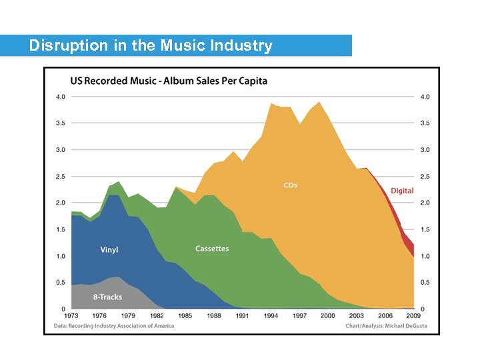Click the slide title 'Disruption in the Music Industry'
[151, 46]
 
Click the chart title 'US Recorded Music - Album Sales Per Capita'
[169, 81]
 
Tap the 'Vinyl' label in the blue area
[109, 250]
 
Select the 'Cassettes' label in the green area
[212, 249]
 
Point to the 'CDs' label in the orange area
[290, 185]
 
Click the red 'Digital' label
[402, 191]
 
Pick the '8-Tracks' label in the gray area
[108, 297]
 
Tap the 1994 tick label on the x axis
[271, 315]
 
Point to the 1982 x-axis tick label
[157, 315]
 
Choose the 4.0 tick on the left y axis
[60, 97]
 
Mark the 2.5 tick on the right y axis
[425, 177]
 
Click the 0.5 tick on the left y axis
[60, 283]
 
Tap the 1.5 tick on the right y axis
[425, 230]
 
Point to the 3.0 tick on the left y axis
[60, 150]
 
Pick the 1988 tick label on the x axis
[214, 315]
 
